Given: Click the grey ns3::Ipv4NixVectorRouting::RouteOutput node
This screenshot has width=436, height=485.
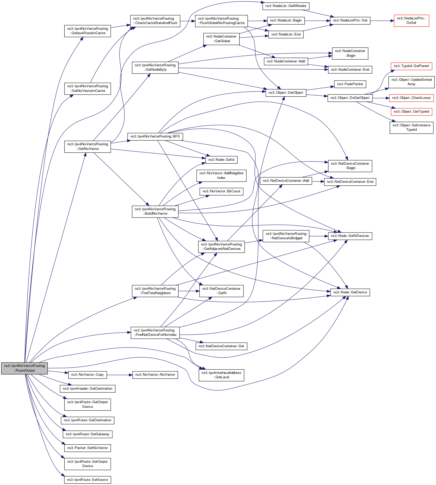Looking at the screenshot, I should click(24, 368).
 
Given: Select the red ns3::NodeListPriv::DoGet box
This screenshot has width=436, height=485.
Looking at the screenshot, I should click(411, 20).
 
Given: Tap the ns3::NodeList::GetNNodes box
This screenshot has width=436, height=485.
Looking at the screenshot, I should click(286, 6).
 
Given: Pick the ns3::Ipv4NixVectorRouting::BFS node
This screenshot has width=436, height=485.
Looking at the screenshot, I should click(155, 136).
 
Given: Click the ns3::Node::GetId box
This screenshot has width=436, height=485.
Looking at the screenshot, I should click(221, 160).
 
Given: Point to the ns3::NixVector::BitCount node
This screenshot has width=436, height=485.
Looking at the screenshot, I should click(221, 191).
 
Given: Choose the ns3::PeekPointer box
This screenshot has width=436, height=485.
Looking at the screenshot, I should click(350, 84).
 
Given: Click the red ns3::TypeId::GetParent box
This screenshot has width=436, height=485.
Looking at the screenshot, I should click(411, 66).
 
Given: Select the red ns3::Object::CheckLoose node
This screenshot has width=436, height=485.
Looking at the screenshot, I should click(411, 98).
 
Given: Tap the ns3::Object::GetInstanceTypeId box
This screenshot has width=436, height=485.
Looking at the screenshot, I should click(411, 127).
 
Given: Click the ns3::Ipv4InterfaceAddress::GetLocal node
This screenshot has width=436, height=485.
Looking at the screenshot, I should click(221, 375).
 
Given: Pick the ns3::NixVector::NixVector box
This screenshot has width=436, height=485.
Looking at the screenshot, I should click(155, 375).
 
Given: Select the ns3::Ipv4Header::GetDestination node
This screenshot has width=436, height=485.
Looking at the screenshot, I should click(87, 389).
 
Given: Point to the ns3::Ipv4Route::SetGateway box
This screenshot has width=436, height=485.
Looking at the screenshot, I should click(87, 434).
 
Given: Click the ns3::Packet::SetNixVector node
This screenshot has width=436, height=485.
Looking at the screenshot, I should click(87, 448).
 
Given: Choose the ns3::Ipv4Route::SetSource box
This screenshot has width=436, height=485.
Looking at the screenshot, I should click(87, 480).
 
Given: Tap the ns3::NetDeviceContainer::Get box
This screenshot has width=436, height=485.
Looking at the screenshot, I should click(221, 346).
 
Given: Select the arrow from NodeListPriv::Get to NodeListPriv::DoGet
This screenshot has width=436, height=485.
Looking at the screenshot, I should click(382, 20).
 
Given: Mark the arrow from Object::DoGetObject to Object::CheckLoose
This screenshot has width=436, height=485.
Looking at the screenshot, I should click(381, 98).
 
